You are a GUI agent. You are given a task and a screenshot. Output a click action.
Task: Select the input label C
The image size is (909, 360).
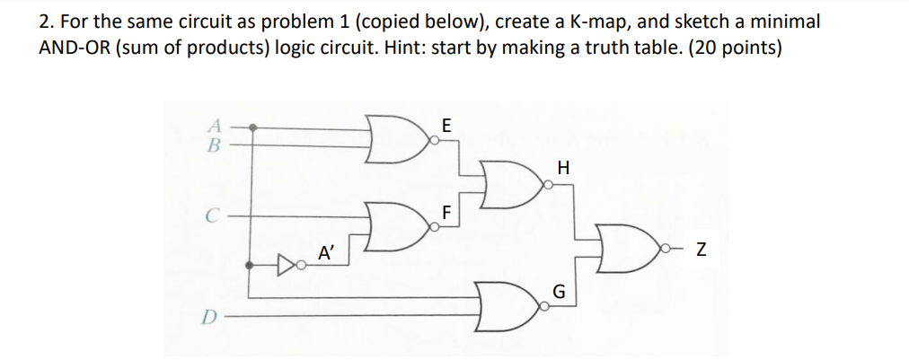(210, 215)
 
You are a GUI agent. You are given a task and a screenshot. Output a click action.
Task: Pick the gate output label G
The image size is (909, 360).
(559, 292)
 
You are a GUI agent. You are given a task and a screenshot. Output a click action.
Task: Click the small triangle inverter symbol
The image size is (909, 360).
(286, 265)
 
